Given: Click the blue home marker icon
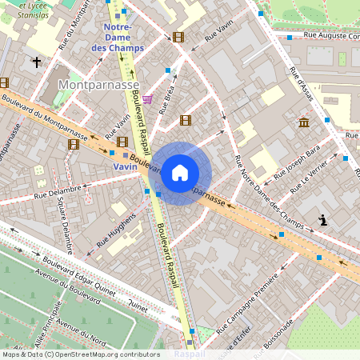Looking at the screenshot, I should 180,173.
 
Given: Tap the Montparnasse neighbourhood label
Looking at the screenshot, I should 98,84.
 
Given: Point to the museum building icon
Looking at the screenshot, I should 303,122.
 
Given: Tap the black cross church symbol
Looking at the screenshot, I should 36,61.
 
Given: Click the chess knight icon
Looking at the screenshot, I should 322,219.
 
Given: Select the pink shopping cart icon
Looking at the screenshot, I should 148,98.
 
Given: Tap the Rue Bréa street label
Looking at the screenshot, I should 166,101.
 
